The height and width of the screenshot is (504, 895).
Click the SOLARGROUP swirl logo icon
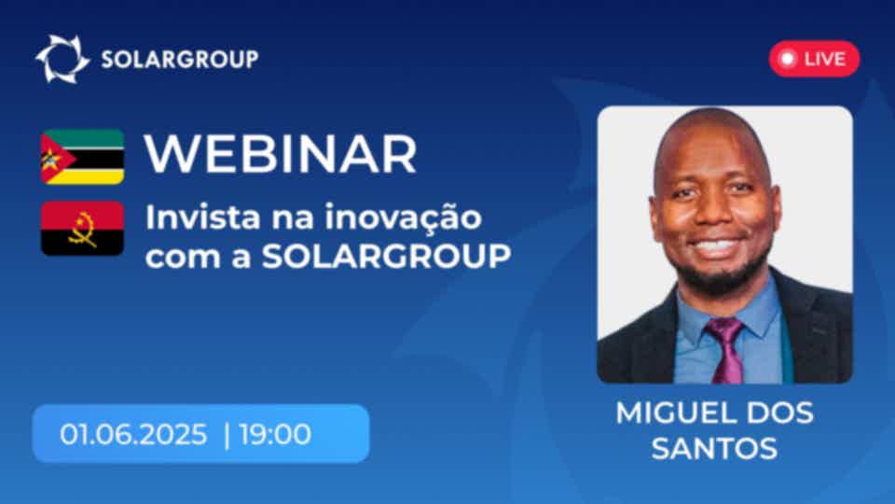click(x=62, y=59)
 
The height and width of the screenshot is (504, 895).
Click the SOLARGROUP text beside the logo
click(x=180, y=60)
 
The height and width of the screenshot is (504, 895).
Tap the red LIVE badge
click(x=814, y=58)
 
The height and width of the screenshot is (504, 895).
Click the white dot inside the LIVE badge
click(x=788, y=58)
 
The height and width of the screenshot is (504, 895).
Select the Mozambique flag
click(x=82, y=157)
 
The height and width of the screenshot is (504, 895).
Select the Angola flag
click(x=82, y=228)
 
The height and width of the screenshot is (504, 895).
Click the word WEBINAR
click(x=281, y=154)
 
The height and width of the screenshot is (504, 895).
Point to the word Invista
click(x=202, y=217)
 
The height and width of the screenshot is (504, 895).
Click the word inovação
click(x=404, y=218)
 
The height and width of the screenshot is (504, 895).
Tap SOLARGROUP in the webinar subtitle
click(x=386, y=257)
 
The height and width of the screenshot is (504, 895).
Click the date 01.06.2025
click(x=133, y=434)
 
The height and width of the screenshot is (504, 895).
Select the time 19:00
click(x=276, y=434)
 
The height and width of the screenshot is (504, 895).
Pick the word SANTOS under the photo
click(x=715, y=448)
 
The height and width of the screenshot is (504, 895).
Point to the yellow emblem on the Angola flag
click(x=83, y=230)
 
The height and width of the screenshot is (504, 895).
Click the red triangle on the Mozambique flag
click(x=54, y=157)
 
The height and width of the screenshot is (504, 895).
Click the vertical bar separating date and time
click(x=227, y=435)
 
